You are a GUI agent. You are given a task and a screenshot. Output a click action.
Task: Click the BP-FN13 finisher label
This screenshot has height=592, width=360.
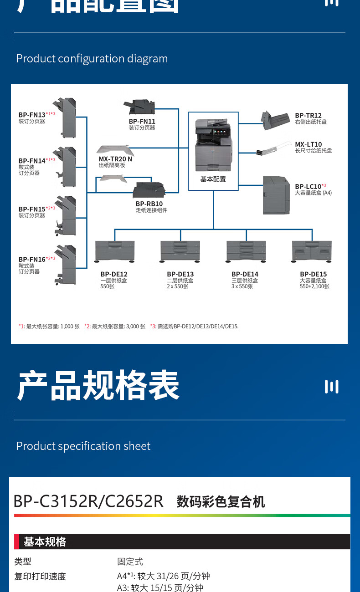point(32,115)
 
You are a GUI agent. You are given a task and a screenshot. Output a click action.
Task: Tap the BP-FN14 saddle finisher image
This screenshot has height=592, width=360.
point(65,167)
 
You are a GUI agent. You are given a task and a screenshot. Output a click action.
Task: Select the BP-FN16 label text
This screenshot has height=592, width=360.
point(32,259)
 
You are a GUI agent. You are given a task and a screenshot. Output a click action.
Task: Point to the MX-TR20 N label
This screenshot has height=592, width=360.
point(115,159)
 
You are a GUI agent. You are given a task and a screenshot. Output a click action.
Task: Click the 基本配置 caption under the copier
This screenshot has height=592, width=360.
point(213,179)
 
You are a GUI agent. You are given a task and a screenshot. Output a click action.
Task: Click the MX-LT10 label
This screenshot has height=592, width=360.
point(308,144)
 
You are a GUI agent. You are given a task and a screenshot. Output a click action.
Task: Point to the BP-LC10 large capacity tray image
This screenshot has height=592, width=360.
point(276,195)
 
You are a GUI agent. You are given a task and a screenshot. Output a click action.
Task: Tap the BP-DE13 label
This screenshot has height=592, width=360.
point(180,274)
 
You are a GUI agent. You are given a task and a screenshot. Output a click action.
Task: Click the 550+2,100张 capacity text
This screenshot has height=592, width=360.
point(314,286)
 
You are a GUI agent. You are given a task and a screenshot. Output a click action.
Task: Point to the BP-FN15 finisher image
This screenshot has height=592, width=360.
point(65,215)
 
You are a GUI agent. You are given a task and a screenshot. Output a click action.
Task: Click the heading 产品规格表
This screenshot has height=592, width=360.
point(98,386)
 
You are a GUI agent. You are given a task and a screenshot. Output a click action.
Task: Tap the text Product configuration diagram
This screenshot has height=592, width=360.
point(92,59)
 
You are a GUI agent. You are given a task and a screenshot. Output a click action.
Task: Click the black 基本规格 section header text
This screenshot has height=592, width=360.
point(45,542)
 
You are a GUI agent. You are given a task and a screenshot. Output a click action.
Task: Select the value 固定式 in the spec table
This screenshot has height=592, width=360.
point(130,562)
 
